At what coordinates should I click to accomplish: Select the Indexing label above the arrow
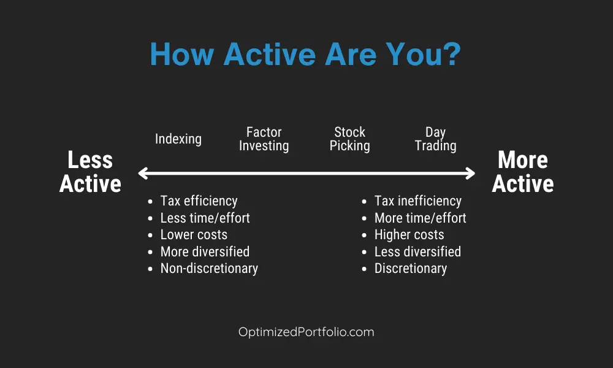178,139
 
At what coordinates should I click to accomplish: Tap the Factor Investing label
264,139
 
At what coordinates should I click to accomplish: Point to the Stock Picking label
349,139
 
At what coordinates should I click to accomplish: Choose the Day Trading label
435,139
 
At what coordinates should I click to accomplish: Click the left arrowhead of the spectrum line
142,173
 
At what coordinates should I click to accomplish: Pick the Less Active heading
90,172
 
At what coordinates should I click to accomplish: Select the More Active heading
523,172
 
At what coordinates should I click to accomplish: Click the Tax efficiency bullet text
199,201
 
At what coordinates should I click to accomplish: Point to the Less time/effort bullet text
205,218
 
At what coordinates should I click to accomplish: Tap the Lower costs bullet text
194,235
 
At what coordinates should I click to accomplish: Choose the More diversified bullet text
205,251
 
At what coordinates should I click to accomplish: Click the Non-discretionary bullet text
209,269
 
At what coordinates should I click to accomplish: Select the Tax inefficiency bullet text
418,201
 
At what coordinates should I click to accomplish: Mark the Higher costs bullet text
409,235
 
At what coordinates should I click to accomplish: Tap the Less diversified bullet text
417,251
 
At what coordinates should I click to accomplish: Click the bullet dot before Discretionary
364,269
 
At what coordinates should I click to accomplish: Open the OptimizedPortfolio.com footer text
306,332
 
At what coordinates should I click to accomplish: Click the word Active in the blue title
269,53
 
